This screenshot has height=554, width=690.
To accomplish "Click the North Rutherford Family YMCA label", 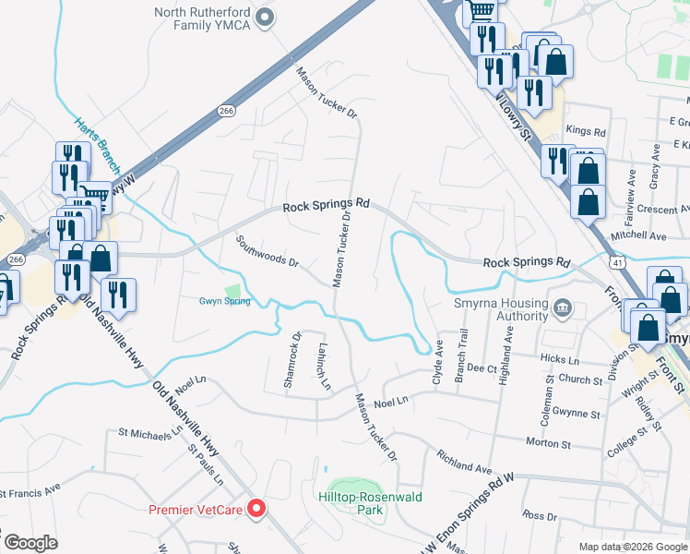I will [203, 18].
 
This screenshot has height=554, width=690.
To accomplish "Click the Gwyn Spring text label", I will [225, 301].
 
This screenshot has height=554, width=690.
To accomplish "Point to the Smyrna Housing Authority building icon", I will [562, 307].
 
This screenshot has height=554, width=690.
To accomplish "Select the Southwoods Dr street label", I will [268, 251].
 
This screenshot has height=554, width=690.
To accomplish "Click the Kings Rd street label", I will [586, 132].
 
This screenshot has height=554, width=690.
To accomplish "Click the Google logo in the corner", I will [30, 543].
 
